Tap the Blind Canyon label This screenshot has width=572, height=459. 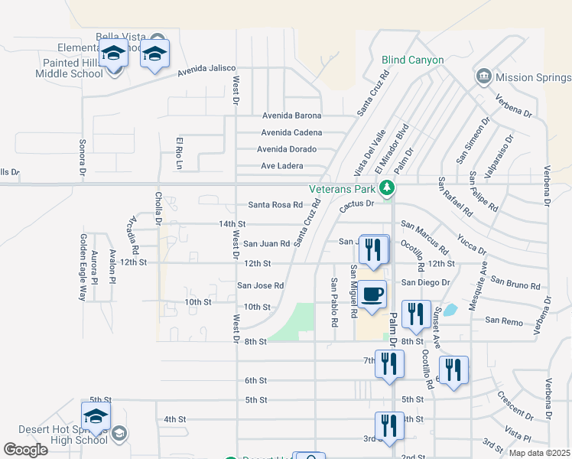click(412, 60)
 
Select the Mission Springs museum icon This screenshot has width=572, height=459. click(483, 76)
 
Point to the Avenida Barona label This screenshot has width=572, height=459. click(292, 116)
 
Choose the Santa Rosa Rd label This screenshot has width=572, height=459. click(275, 204)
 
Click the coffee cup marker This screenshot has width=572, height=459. click(372, 295)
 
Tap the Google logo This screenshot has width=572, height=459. click(25, 450)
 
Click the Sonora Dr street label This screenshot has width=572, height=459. click(82, 157)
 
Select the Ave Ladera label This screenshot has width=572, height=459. click(282, 165)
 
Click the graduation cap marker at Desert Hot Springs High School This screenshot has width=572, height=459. click(96, 418)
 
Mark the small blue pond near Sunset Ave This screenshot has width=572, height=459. click(450, 310)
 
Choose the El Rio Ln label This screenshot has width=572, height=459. click(180, 153)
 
